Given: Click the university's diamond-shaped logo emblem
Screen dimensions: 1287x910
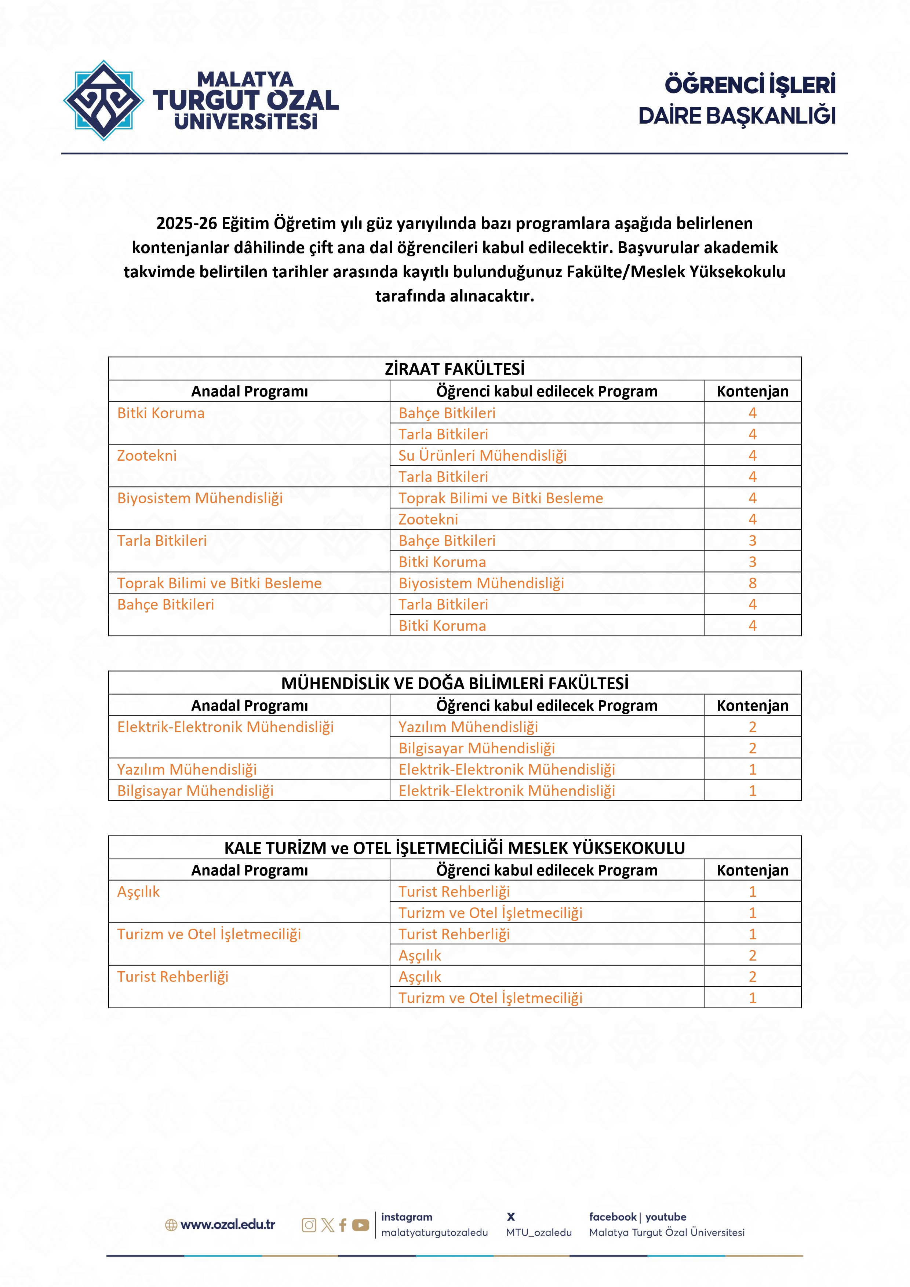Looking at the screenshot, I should [x=103, y=100].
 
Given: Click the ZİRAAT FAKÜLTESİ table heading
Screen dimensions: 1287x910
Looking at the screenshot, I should [x=454, y=369].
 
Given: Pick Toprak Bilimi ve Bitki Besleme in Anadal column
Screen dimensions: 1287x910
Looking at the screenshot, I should [x=219, y=583].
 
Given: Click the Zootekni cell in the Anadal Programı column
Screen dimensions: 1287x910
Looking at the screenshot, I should [x=147, y=455].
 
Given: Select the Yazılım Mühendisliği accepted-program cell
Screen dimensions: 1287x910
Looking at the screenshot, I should [x=468, y=727].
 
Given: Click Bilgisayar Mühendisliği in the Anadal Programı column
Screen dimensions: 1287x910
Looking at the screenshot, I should [x=195, y=790].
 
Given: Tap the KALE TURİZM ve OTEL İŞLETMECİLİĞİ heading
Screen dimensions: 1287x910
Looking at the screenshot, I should [x=454, y=848].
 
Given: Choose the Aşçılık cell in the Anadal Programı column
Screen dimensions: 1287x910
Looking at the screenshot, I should [x=138, y=891].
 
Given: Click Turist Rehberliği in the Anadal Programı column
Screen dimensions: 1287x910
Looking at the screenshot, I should [x=173, y=976].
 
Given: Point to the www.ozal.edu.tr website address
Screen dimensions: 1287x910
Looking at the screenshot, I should [x=227, y=1225].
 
